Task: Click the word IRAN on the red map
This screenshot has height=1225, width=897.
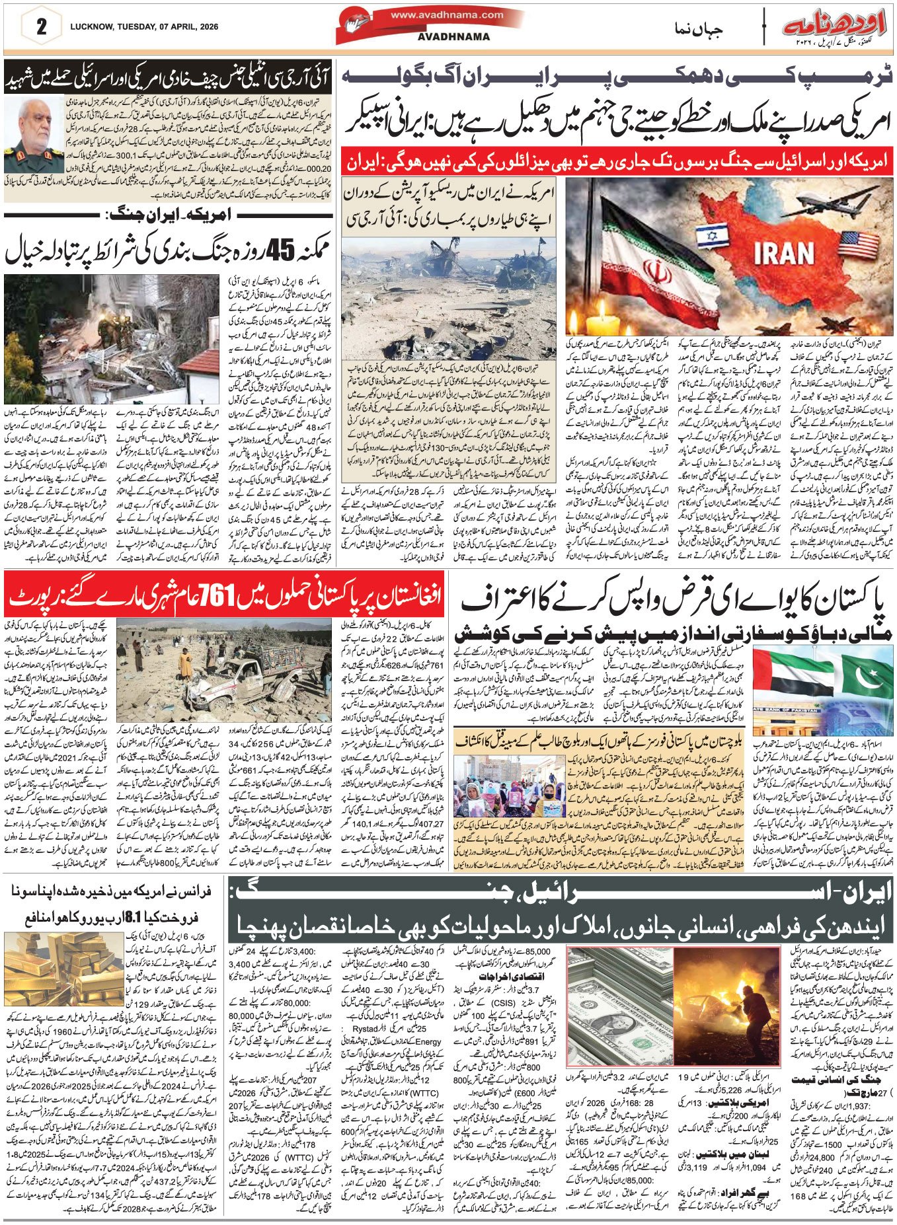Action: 783,253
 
